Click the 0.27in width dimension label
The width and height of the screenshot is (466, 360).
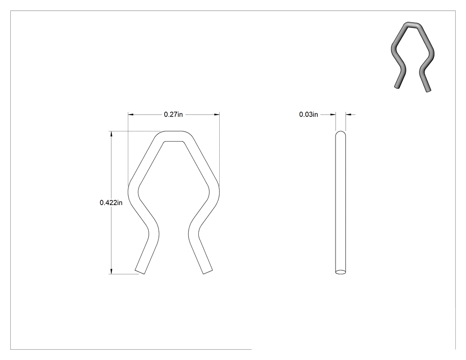[x=173, y=115]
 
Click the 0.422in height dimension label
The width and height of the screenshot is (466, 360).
[x=111, y=203]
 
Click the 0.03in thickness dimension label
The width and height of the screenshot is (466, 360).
[x=308, y=115]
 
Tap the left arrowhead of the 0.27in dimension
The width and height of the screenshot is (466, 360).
[x=131, y=115]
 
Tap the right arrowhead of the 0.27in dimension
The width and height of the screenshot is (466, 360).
[x=217, y=115]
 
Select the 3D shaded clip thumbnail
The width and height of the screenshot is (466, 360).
[x=412, y=57]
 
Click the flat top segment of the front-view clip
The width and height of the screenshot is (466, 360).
[x=174, y=136]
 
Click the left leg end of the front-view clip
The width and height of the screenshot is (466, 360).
[x=140, y=272]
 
